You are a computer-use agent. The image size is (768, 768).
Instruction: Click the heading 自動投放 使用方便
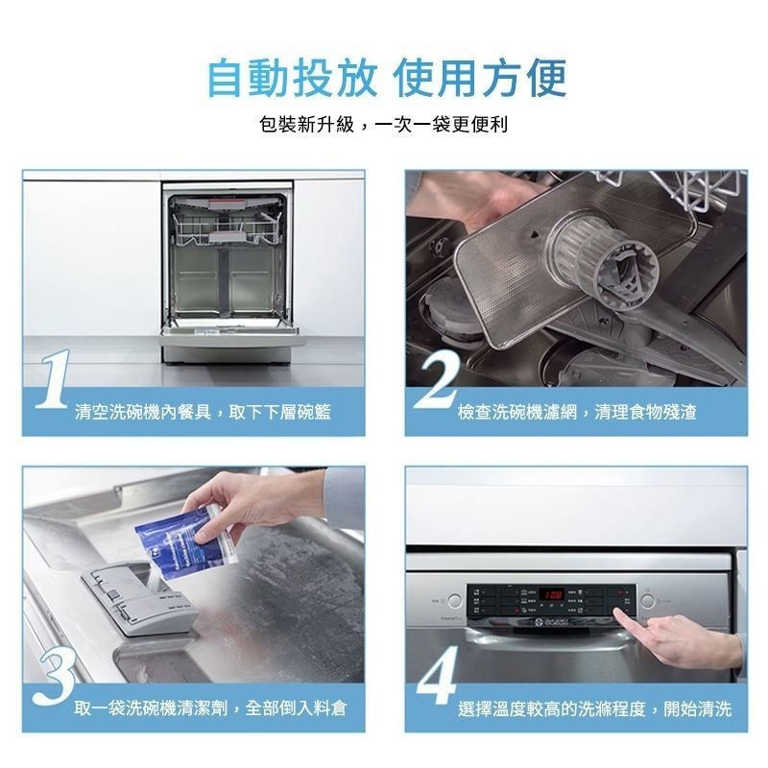pos(387,78)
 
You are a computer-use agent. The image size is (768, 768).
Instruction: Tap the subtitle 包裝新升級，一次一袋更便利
pos(384,126)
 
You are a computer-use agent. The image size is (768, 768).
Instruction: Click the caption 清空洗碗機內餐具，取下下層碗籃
pos(203,412)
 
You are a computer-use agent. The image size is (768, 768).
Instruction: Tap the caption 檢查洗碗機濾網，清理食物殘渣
pos(577,412)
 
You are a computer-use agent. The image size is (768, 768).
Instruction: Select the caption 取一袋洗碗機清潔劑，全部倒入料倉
pos(210,708)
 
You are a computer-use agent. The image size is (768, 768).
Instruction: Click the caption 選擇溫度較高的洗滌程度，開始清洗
pos(594,708)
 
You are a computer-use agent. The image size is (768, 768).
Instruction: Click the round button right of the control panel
pos(648,602)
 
